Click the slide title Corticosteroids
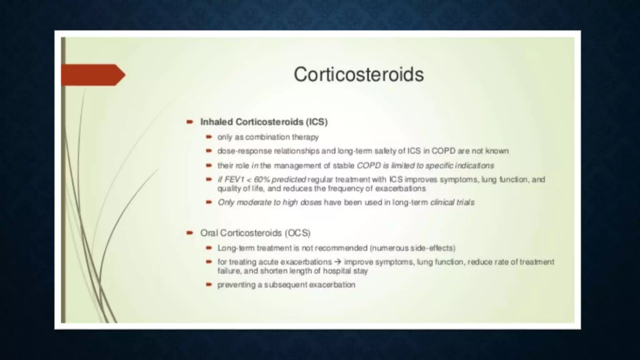(358, 74)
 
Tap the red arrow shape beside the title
(93, 75)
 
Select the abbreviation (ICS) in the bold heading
(317, 122)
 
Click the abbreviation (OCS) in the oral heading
(297, 233)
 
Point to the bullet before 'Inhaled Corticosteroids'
(190, 122)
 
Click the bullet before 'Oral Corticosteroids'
(190, 233)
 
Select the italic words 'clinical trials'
(452, 202)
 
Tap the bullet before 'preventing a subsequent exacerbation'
(209, 285)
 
